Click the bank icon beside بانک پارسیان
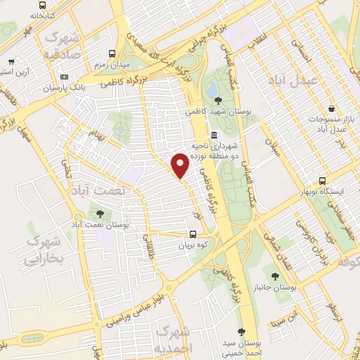[x=64, y=77]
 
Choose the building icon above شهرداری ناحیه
[x=214, y=136]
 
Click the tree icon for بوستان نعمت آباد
[x=99, y=212]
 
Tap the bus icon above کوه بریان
[x=193, y=236]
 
